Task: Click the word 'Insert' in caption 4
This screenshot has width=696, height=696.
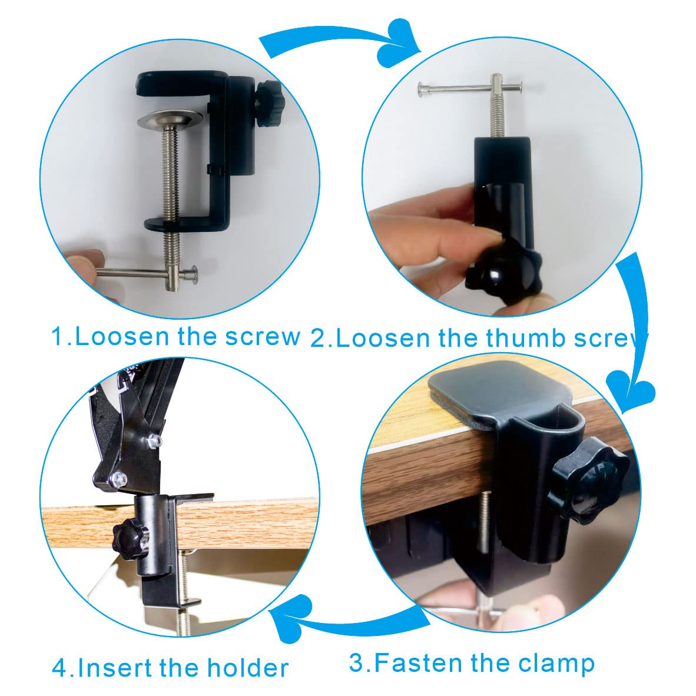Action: [114, 668]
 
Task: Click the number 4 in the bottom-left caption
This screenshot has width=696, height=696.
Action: [59, 668]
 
